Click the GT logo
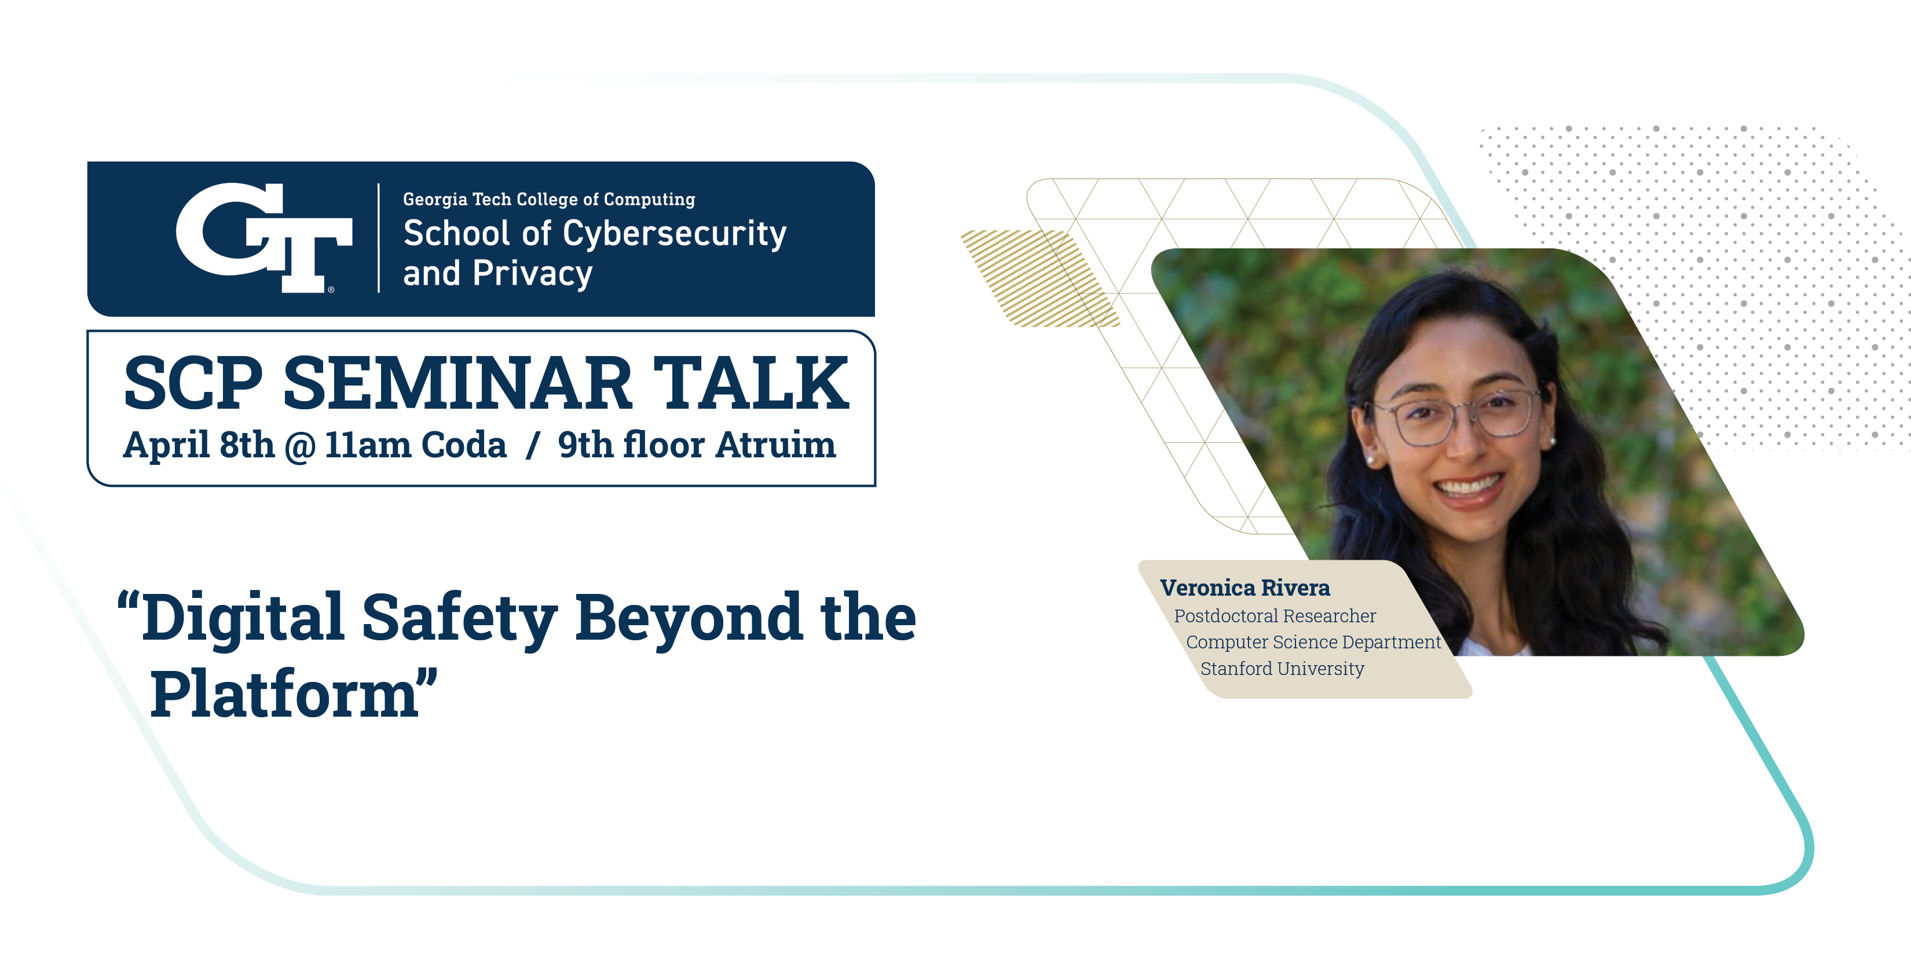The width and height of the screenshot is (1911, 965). point(264,238)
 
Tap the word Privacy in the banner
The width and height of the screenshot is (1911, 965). point(533,274)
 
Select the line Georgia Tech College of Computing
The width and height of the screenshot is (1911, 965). point(549,200)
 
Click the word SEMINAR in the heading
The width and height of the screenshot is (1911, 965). point(457,383)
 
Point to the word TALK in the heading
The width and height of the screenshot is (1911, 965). point(751,383)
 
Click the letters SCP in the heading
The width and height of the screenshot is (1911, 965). point(193,383)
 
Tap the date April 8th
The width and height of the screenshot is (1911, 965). point(199,445)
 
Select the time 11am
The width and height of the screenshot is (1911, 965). point(368,446)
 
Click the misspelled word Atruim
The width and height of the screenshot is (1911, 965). point(776,445)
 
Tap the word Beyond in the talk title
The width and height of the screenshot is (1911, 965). point(689,617)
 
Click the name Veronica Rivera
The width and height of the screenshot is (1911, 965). point(1245,588)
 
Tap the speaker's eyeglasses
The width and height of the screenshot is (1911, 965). point(1456,417)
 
